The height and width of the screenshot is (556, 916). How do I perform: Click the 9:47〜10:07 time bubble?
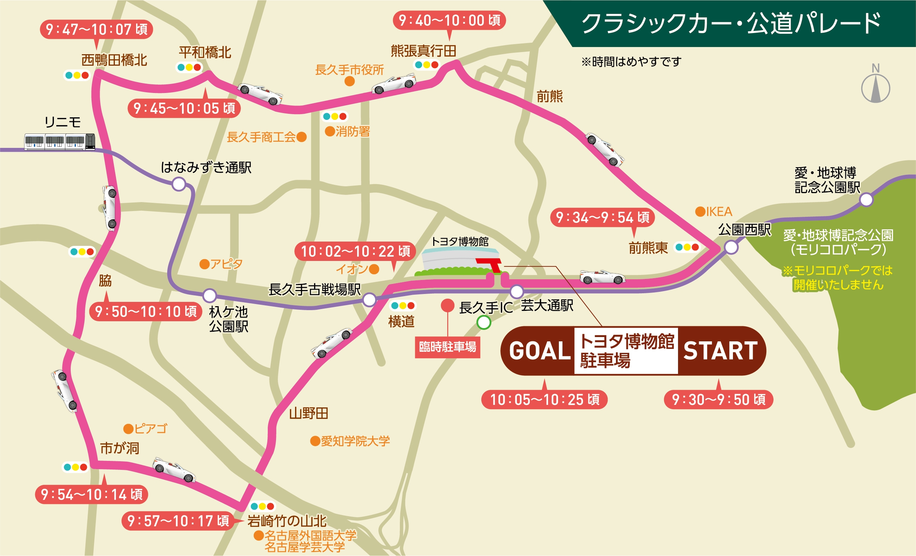[96, 29]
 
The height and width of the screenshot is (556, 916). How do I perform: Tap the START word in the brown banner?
[720, 351]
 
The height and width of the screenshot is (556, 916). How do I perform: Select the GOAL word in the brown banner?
[540, 351]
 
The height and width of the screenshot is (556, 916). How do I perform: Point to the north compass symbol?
[875, 88]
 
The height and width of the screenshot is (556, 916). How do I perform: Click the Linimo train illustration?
[60, 141]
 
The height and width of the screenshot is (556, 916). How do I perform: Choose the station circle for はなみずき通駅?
[179, 184]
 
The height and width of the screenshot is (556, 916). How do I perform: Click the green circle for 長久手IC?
[483, 322]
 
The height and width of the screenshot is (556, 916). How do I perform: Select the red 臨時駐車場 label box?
[447, 347]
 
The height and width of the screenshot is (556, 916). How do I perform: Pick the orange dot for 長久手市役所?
[350, 81]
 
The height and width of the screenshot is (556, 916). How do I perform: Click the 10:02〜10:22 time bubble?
[355, 252]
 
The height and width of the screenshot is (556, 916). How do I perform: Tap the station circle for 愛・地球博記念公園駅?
[866, 200]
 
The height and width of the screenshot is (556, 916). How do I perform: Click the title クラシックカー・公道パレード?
[731, 23]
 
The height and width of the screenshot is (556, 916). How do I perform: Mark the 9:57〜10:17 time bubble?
[178, 521]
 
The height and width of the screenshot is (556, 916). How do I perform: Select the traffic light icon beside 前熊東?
[687, 247]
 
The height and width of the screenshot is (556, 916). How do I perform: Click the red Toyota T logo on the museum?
[491, 264]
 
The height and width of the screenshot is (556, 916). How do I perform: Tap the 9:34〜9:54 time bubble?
[602, 218]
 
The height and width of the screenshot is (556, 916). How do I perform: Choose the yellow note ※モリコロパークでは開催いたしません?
[837, 277]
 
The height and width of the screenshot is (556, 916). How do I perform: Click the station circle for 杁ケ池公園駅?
[210, 295]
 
